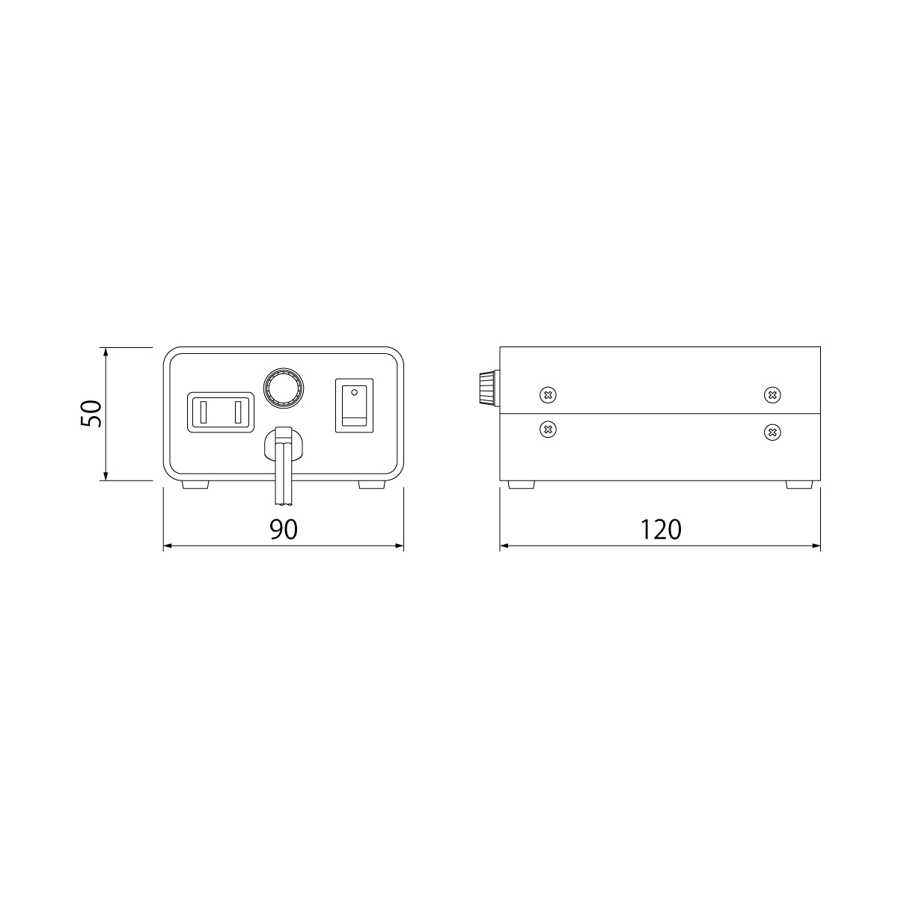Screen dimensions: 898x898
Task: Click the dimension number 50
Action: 91,413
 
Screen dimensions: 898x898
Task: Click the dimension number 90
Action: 284,529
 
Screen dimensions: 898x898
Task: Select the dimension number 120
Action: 661,529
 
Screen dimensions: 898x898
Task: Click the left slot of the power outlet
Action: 204,412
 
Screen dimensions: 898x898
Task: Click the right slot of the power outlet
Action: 238,412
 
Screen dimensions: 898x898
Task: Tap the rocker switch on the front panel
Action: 354,406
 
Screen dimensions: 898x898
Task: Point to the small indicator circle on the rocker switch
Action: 354,392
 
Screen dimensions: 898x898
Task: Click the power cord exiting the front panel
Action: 284,466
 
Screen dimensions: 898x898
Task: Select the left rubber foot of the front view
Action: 195,485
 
